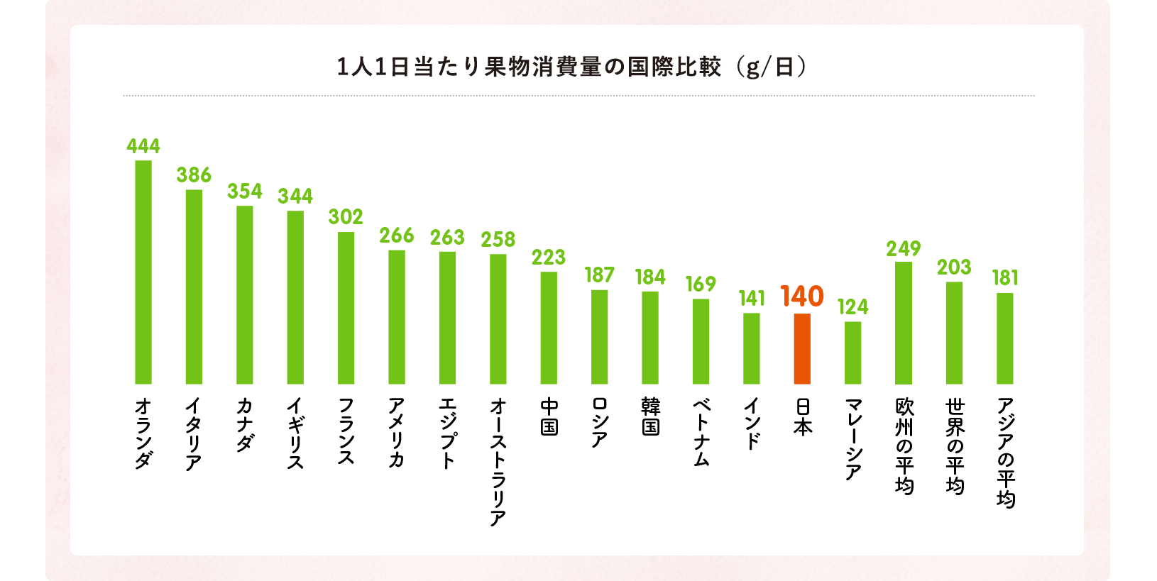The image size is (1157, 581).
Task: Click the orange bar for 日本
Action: (x=802, y=348)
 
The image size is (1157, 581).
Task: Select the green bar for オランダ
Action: (x=143, y=272)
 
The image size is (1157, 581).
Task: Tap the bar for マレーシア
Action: (x=852, y=353)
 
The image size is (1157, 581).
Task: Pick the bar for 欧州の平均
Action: (x=904, y=323)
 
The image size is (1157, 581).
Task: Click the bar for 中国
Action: (x=549, y=328)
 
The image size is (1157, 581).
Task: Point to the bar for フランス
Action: (x=346, y=308)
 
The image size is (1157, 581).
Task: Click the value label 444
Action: (x=143, y=146)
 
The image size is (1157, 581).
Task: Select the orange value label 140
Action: (x=802, y=297)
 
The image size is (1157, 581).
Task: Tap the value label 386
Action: (x=194, y=175)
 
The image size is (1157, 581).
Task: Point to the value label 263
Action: (x=447, y=238)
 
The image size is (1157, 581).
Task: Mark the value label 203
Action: (x=954, y=267)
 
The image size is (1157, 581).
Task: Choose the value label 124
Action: (x=852, y=307)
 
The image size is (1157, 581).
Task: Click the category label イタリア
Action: (x=194, y=434)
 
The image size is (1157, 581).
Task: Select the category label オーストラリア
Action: (x=498, y=462)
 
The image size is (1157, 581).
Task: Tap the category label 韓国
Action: (x=650, y=416)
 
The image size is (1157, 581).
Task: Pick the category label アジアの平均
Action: (x=1005, y=453)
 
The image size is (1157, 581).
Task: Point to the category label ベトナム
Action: (x=701, y=432)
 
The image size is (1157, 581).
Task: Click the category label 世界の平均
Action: (x=955, y=446)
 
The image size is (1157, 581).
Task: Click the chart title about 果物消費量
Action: (x=529, y=67)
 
